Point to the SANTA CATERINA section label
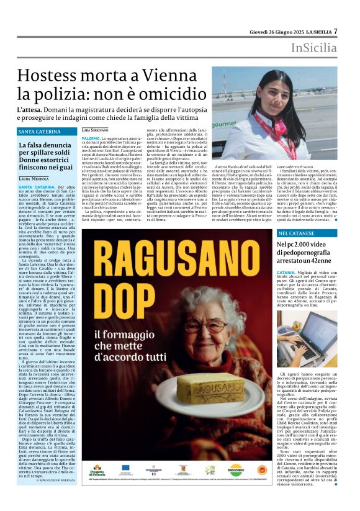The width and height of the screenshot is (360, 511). tap(40, 132)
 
